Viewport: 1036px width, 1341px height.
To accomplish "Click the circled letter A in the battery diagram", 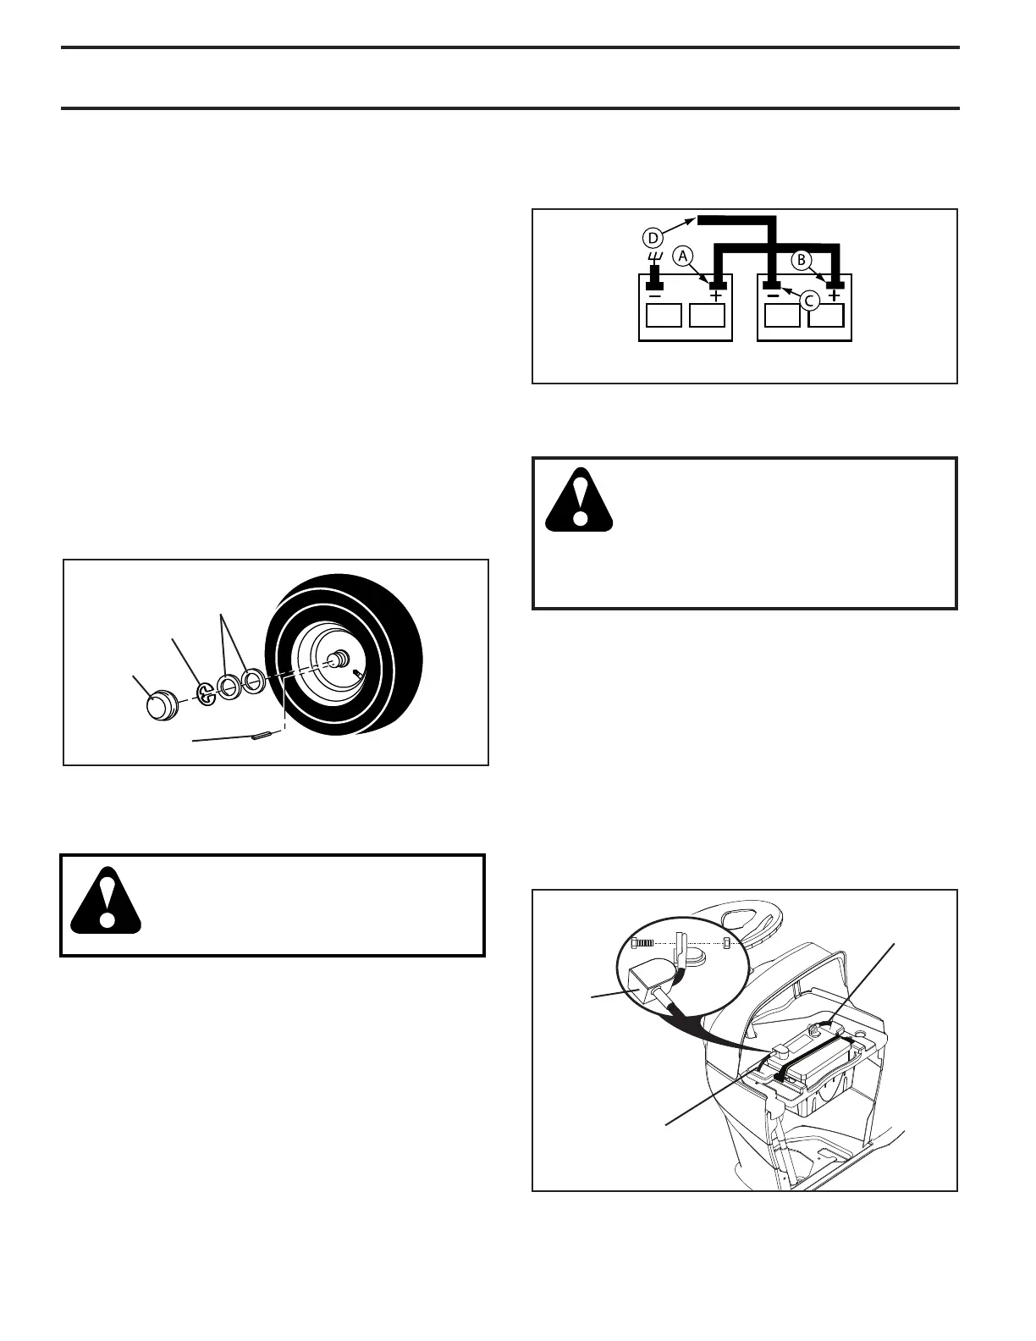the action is point(682,254).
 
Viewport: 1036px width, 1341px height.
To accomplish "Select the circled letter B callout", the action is point(800,260).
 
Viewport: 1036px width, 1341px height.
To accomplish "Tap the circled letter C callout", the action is point(810,300).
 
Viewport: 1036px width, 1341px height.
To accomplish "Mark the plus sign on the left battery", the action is point(716,296).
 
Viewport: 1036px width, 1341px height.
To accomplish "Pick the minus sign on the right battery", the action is point(773,296).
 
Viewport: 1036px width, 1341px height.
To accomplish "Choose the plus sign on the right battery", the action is point(835,296).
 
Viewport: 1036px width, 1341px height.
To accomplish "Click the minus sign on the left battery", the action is point(654,296).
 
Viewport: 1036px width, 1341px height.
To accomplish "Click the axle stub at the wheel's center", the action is point(338,658).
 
